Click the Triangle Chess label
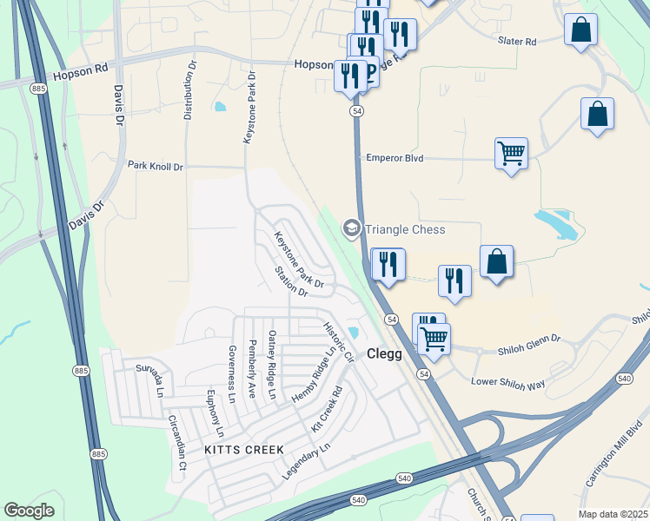click(x=405, y=229)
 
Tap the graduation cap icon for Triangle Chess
click(x=352, y=229)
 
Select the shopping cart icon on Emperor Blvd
click(x=511, y=154)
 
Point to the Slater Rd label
click(x=517, y=41)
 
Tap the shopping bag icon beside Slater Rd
click(x=580, y=30)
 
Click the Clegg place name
click(x=384, y=353)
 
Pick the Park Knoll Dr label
click(x=156, y=165)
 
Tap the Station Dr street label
click(x=291, y=281)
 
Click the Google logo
click(x=30, y=511)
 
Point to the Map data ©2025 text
click(x=614, y=514)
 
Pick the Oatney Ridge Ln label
click(x=272, y=365)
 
